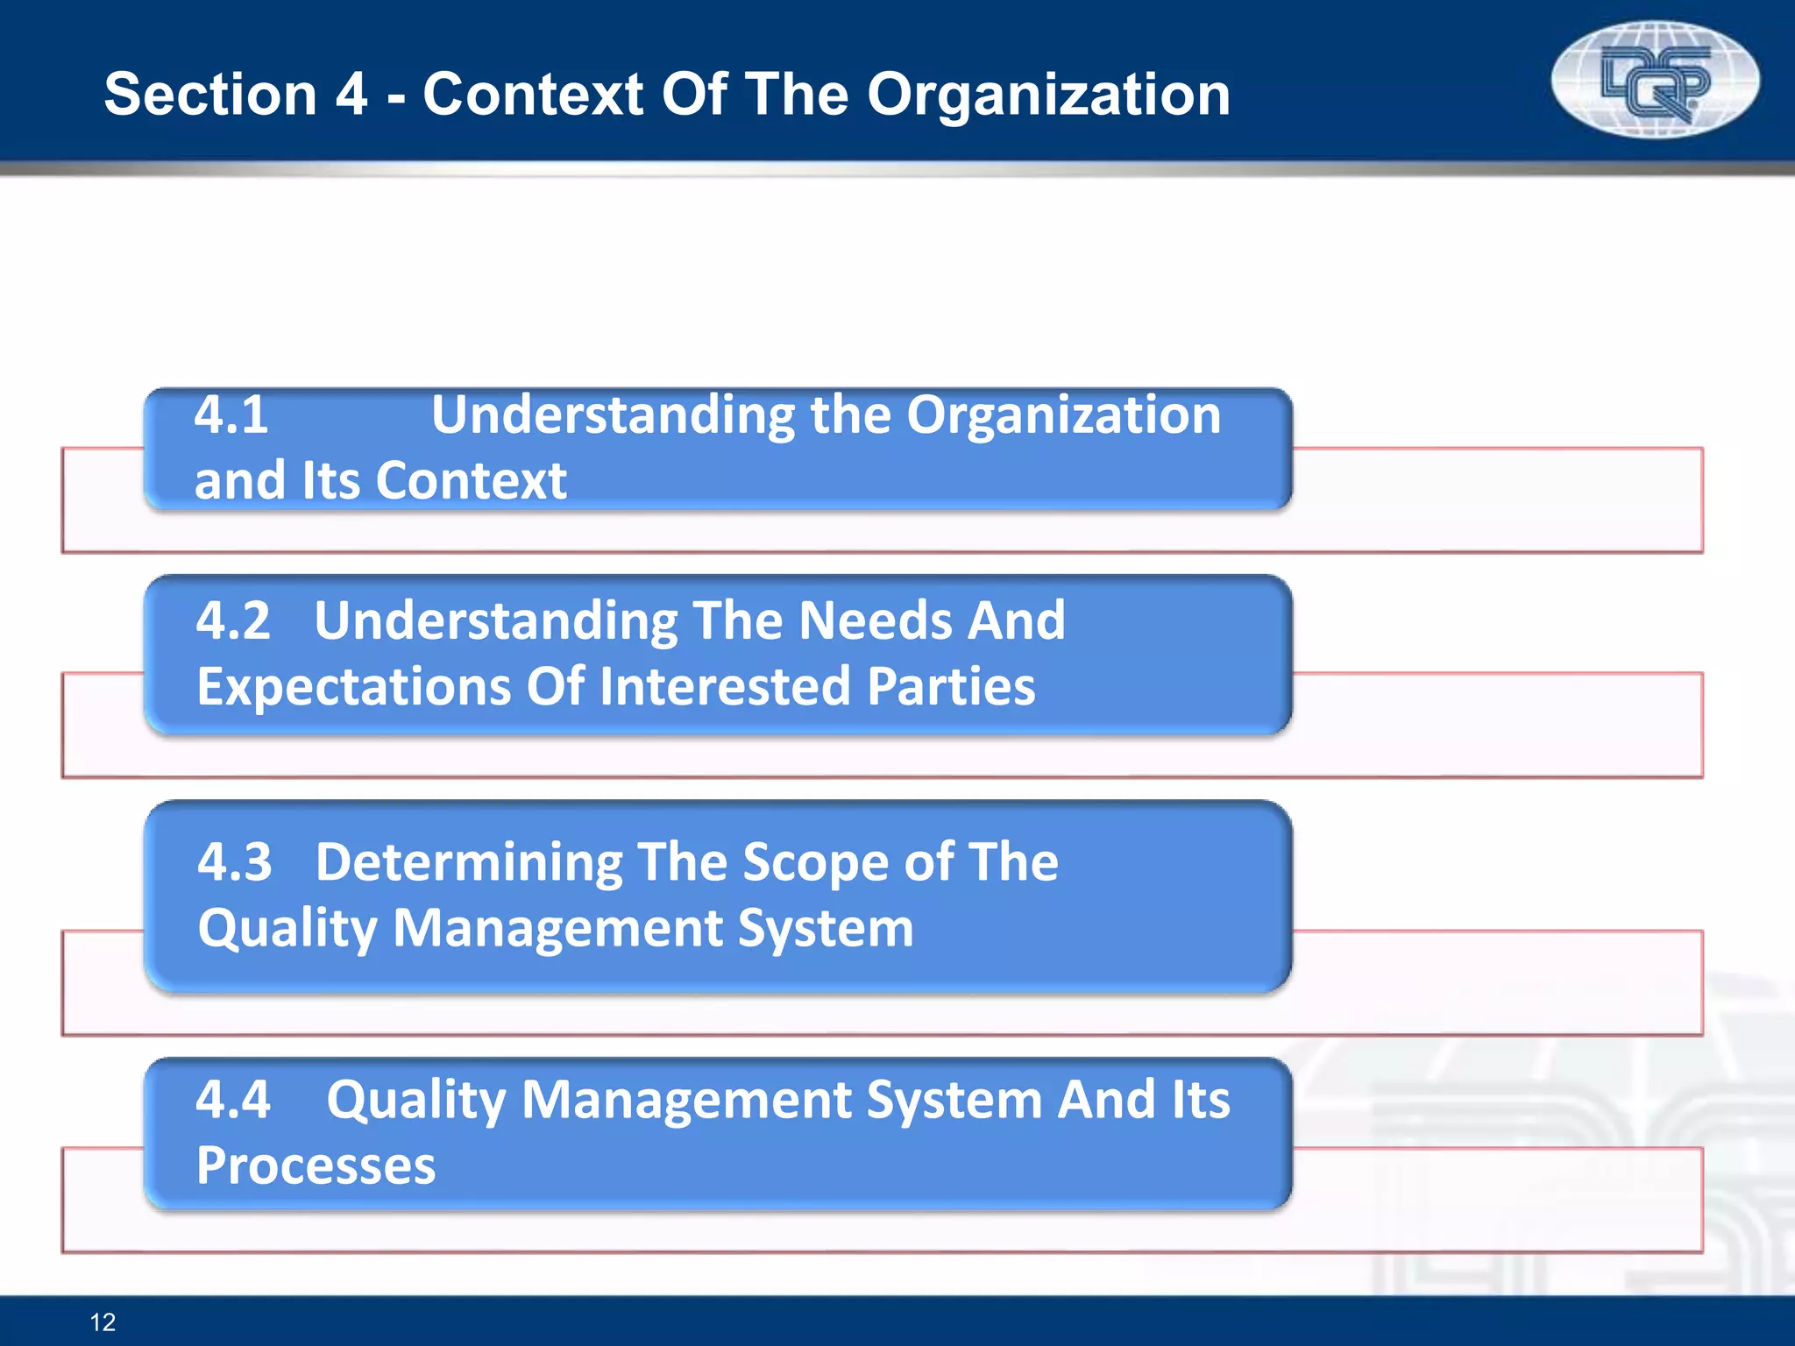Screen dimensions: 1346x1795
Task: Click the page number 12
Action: pyautogui.click(x=103, y=1321)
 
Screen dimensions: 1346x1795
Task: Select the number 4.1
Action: pyautogui.click(x=231, y=414)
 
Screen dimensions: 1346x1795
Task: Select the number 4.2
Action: pyautogui.click(x=233, y=620)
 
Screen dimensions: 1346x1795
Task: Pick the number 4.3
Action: pyautogui.click(x=235, y=861)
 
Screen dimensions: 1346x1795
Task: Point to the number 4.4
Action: pyautogui.click(x=233, y=1099)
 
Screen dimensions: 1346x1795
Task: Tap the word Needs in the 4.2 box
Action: pyautogui.click(x=876, y=620)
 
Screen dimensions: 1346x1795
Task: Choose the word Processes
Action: pyautogui.click(x=316, y=1165)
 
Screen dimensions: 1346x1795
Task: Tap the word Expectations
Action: pyautogui.click(x=352, y=686)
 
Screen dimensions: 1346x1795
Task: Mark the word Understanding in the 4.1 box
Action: pyautogui.click(x=613, y=414)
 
